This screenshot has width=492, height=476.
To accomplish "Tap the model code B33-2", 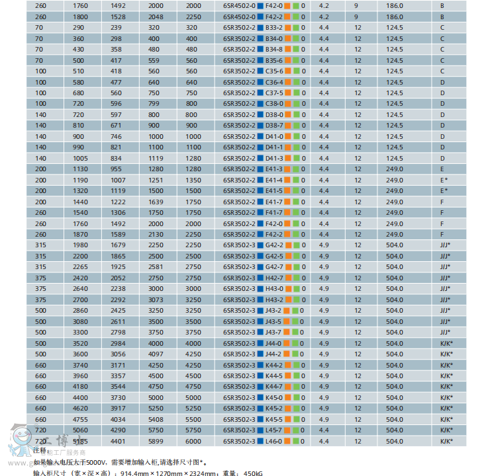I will pos(273,28).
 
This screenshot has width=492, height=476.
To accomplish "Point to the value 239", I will pos(116,28).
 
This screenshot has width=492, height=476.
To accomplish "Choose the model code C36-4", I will pos(273,82).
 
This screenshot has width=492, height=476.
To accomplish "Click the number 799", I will pos(154,104).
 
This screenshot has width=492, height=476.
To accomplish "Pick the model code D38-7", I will pos(273,126).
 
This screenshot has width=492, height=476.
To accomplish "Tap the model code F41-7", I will pos(273,202).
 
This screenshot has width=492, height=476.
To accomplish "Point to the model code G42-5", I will pos(274,256).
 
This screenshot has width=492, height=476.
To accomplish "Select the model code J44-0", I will pos(273,343).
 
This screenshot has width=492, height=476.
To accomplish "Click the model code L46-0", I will pos(273,441).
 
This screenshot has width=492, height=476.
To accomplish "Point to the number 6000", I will pos(193,441).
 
